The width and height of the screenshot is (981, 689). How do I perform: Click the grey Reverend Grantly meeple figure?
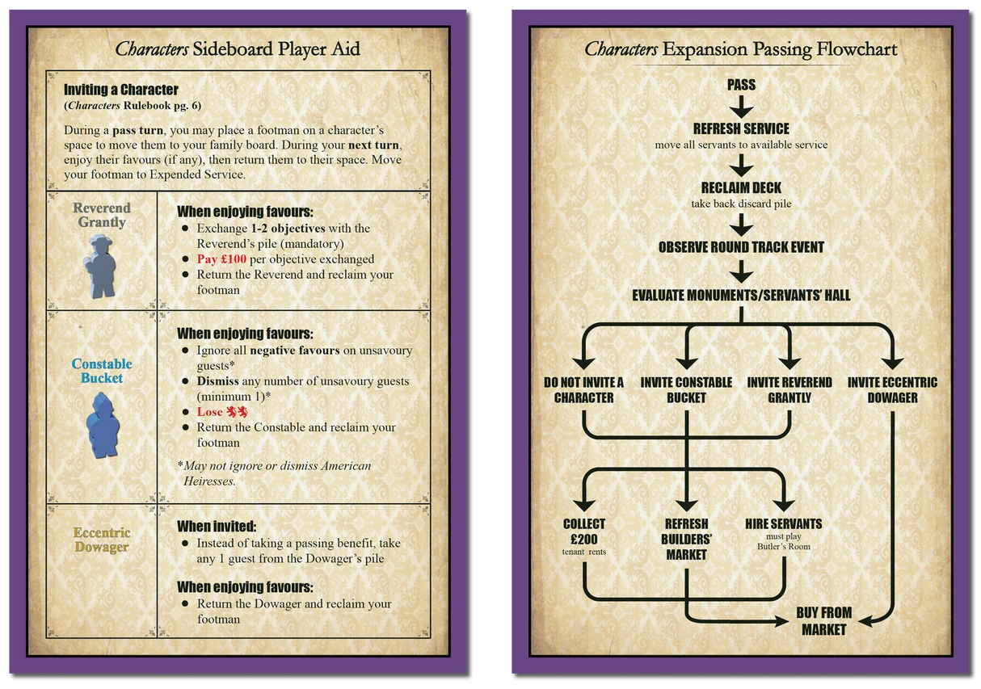click(100, 267)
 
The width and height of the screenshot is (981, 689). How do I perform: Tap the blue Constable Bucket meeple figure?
click(103, 425)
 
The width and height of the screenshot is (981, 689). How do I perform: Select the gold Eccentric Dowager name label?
click(102, 540)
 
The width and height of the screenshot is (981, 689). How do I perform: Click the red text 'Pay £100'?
click(221, 259)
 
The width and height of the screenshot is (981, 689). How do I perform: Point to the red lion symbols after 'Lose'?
click(237, 412)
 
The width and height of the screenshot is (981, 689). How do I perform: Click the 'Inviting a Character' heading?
click(121, 90)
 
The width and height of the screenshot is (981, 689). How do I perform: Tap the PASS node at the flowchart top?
click(741, 85)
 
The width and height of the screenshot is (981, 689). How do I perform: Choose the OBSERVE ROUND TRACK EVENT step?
click(741, 247)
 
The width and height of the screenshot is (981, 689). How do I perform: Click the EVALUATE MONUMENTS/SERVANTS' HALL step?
click(741, 296)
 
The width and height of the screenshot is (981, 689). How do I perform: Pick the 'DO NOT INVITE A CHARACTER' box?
click(583, 390)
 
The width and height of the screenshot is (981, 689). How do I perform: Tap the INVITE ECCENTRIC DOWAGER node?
click(893, 390)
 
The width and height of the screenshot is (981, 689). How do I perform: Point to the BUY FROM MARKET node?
click(823, 621)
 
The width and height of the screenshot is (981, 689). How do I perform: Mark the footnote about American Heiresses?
click(274, 473)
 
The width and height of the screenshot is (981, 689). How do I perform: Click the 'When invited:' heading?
click(217, 526)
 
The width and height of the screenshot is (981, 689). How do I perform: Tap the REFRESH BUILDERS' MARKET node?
click(686, 540)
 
